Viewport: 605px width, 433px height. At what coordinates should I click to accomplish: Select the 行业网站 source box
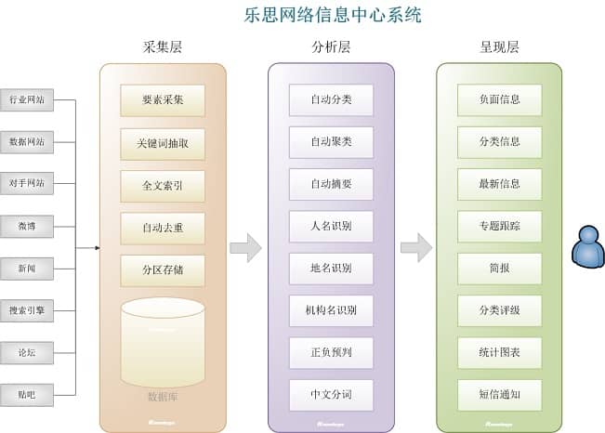26,99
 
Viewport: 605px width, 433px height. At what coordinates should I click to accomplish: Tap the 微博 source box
26,226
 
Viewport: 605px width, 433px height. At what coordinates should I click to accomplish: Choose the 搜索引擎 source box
26,311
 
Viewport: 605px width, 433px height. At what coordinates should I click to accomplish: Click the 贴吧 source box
26,394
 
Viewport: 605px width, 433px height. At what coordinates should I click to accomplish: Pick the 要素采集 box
163,100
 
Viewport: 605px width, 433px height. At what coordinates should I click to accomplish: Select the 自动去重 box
163,228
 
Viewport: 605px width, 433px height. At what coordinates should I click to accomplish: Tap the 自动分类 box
331,99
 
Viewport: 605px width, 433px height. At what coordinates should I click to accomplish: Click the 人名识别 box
331,226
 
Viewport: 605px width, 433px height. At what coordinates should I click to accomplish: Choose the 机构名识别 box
331,310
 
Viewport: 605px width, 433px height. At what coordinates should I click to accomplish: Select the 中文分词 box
331,395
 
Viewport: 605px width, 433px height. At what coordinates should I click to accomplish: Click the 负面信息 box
499,99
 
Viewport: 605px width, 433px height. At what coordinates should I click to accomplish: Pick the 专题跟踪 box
499,226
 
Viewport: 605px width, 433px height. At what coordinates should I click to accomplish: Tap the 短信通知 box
499,395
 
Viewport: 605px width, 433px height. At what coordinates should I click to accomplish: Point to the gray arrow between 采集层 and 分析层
245,248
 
